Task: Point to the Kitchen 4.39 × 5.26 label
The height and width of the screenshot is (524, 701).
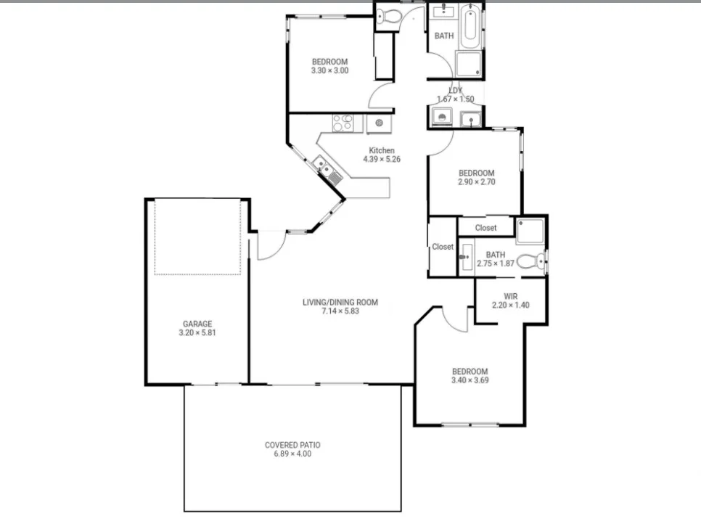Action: point(382,155)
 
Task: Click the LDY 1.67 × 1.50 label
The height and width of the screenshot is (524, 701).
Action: point(455,95)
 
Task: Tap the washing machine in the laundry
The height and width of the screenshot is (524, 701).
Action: point(440,117)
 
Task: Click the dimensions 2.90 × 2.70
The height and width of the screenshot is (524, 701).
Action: point(476,182)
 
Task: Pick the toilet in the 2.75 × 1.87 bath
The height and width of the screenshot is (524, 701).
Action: point(533,261)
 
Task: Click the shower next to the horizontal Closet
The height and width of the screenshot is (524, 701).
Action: point(530,230)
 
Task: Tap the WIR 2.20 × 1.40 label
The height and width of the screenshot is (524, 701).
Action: point(510,300)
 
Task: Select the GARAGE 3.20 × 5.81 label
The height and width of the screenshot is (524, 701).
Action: point(197,329)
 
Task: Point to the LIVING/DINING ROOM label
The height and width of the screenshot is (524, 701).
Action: point(340,306)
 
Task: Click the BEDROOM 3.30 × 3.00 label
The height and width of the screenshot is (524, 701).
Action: point(330,66)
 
